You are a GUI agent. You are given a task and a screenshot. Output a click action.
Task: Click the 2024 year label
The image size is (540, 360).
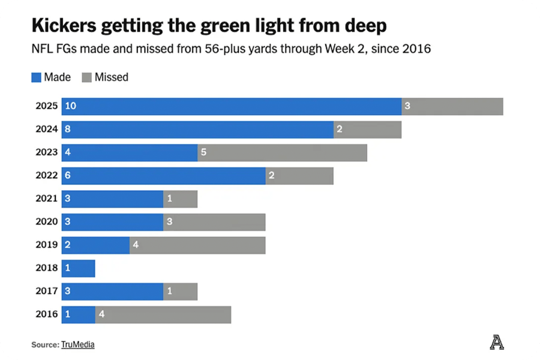coord(46,129)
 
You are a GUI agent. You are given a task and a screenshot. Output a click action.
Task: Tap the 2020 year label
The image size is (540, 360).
coord(46,222)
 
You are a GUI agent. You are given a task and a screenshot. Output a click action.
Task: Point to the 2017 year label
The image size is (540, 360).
coord(46,292)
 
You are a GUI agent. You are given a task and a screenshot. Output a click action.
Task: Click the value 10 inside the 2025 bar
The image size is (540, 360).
coord(71,106)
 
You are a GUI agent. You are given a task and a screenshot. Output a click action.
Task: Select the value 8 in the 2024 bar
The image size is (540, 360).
coord(68,129)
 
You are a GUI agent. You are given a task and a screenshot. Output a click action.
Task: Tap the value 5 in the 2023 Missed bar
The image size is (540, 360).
coord(203,152)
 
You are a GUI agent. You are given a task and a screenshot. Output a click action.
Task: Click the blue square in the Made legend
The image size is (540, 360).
coord(37,77)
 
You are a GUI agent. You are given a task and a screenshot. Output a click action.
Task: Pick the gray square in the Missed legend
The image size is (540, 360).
coord(86,77)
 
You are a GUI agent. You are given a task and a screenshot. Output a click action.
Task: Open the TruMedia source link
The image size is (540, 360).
coord(77,344)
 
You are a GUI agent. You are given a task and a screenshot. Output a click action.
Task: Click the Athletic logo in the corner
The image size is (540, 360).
coord(497,343)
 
